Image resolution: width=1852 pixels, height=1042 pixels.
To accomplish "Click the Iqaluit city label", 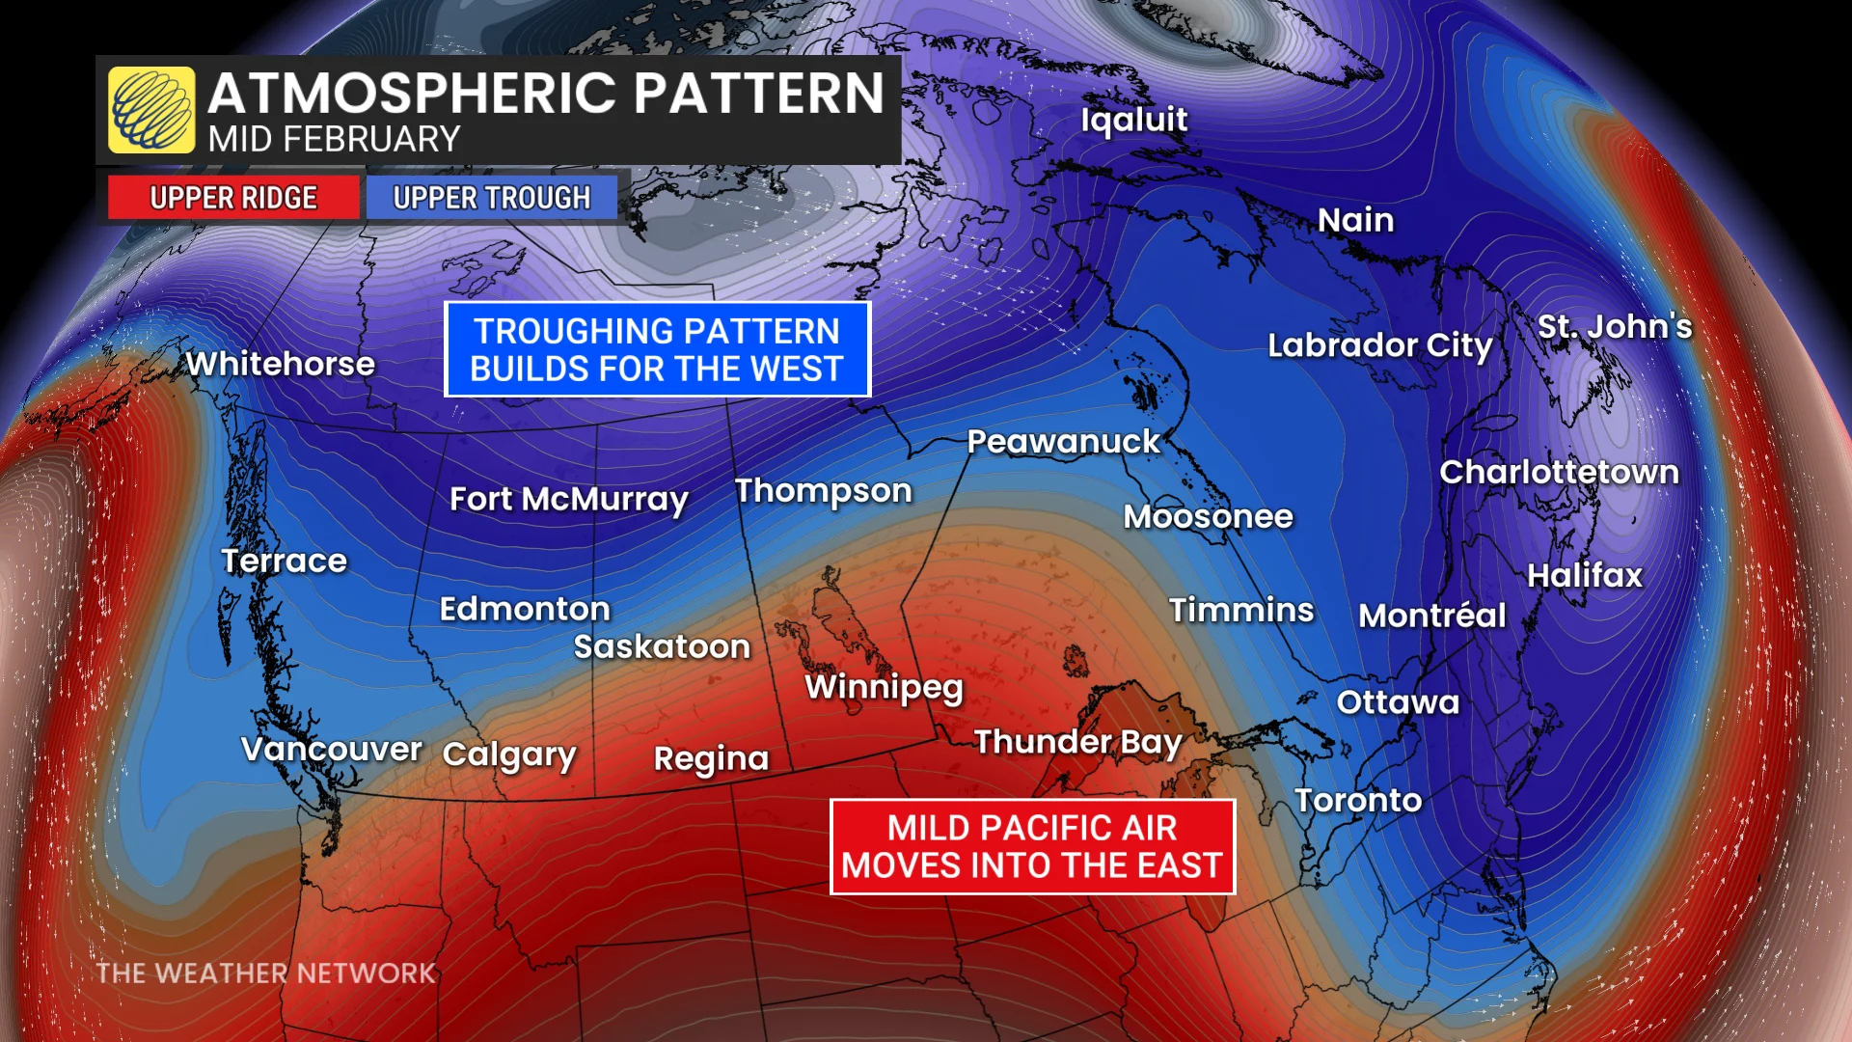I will (x=1133, y=120).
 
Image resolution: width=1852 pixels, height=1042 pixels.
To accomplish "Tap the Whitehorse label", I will (x=281, y=364).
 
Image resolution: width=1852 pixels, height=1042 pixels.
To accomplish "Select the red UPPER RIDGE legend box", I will (x=233, y=198).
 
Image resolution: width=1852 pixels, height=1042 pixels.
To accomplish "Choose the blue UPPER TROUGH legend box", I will (x=491, y=198).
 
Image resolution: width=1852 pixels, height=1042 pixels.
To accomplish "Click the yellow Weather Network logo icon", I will (x=151, y=110).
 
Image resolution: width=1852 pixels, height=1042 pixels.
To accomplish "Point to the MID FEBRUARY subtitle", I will (x=334, y=140).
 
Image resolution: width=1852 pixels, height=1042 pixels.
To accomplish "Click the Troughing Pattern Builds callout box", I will (x=657, y=349).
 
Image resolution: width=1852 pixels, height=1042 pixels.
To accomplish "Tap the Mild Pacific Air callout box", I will (x=1032, y=846).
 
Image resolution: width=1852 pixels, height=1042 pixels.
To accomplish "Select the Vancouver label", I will (x=331, y=749).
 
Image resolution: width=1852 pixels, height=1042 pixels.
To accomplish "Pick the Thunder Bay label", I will (x=1077, y=742).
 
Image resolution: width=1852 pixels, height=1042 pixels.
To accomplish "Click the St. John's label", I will (x=1614, y=326).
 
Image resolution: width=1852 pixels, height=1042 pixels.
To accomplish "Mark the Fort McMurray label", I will (x=568, y=499).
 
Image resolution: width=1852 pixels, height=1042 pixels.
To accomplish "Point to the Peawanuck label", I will (x=1063, y=442).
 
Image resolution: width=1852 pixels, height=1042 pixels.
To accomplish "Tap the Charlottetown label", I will (x=1559, y=472).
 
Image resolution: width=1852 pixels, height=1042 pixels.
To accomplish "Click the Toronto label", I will (x=1358, y=800).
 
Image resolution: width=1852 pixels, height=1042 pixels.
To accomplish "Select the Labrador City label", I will (x=1379, y=345).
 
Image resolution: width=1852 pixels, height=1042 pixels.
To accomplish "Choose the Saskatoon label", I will (x=662, y=646).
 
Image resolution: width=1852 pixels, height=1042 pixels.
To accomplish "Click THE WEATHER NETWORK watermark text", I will (x=266, y=973).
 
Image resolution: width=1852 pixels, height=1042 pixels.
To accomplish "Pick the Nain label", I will (x=1355, y=220).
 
